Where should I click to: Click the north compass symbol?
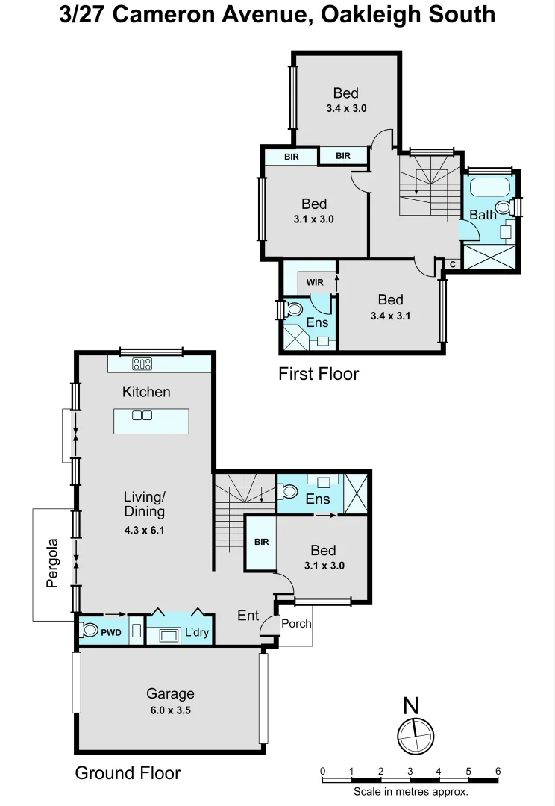coord(415,737)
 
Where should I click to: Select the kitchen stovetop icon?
coord(142,364)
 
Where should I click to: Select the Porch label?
coord(296,623)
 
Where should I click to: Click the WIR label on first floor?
coord(315,282)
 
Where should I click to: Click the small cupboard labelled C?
coord(453,264)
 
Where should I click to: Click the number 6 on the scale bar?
coord(497,771)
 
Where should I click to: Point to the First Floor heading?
coord(319,374)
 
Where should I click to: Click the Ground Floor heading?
coord(128,772)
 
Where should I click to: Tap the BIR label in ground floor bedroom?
coord(260,543)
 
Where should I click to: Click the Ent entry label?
coord(248,616)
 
